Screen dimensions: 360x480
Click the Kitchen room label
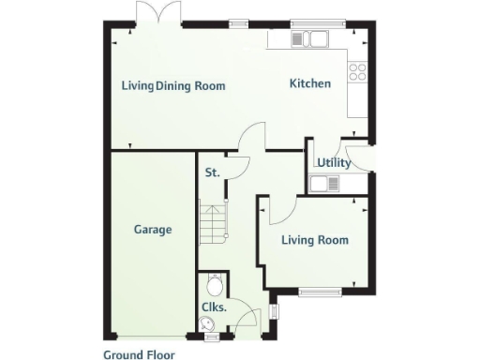309,83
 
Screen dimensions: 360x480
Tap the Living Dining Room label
173,85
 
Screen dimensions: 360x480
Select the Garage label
152,229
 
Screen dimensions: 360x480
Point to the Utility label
334,162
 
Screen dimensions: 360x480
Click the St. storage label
212,172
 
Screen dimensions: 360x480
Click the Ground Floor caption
139,354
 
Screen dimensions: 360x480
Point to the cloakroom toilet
214,283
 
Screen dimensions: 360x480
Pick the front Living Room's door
278,210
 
